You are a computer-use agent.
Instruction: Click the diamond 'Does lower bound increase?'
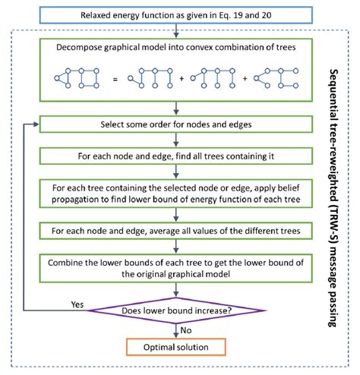coord(177,310)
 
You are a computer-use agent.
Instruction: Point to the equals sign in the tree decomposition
coord(113,80)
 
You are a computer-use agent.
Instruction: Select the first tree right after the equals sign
coord(147,79)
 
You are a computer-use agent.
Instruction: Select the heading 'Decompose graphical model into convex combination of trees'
coord(177,49)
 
